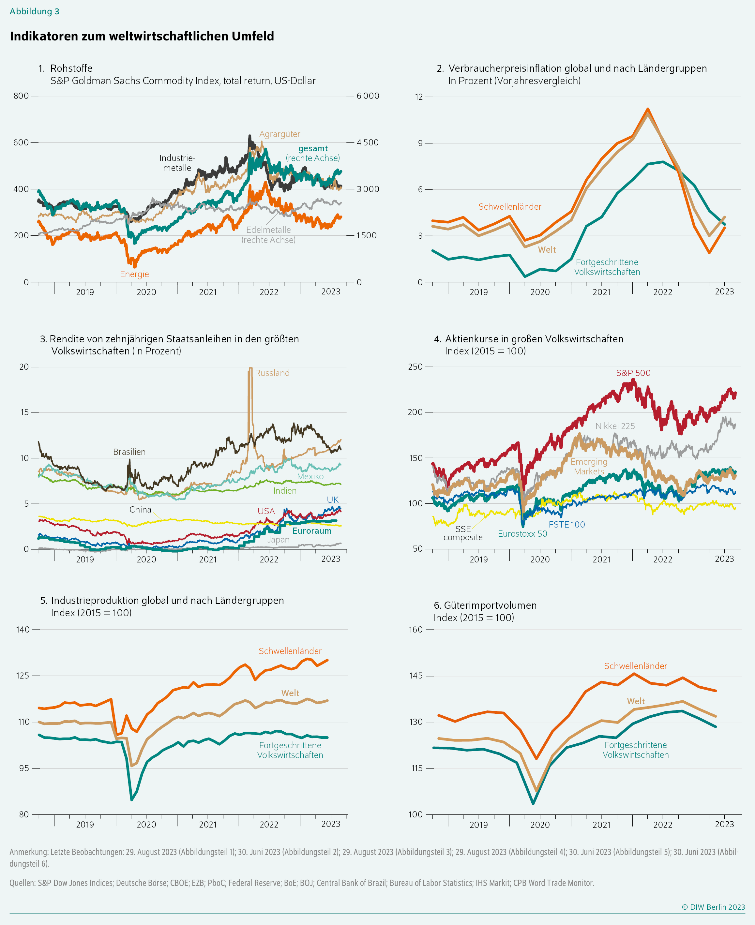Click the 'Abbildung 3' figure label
34,12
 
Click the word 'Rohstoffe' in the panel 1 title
71,68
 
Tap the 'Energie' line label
134,274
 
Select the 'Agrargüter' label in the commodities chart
279,134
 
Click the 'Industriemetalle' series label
177,163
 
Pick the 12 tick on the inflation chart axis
419,97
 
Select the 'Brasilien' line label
129,452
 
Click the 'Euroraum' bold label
311,531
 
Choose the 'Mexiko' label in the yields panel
310,476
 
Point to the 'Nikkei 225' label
615,426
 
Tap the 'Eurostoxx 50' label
522,534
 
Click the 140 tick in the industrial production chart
23,629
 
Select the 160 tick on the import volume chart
415,629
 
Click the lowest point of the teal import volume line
533,804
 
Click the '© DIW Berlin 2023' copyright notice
713,907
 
